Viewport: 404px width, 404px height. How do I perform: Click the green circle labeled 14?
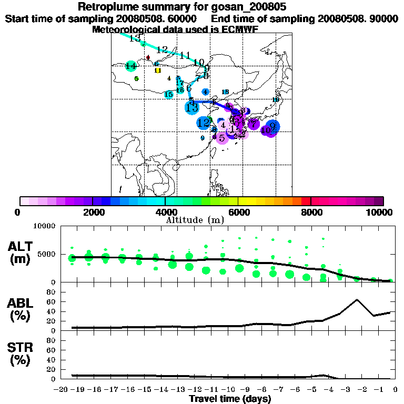click(x=131, y=66)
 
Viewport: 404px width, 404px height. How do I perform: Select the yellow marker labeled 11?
click(x=157, y=70)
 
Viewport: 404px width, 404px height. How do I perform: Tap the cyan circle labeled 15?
click(x=168, y=95)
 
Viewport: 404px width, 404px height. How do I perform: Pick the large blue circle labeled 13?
click(x=191, y=108)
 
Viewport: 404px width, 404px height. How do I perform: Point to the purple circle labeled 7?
click(x=254, y=124)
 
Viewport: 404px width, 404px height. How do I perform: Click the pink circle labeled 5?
click(x=222, y=138)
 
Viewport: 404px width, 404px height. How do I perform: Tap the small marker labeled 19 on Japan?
click(x=276, y=100)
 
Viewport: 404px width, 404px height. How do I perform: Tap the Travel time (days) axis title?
click(x=230, y=399)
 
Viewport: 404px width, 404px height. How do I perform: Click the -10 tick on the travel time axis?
click(x=227, y=390)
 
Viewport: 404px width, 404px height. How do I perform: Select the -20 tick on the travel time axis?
click(x=62, y=390)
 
